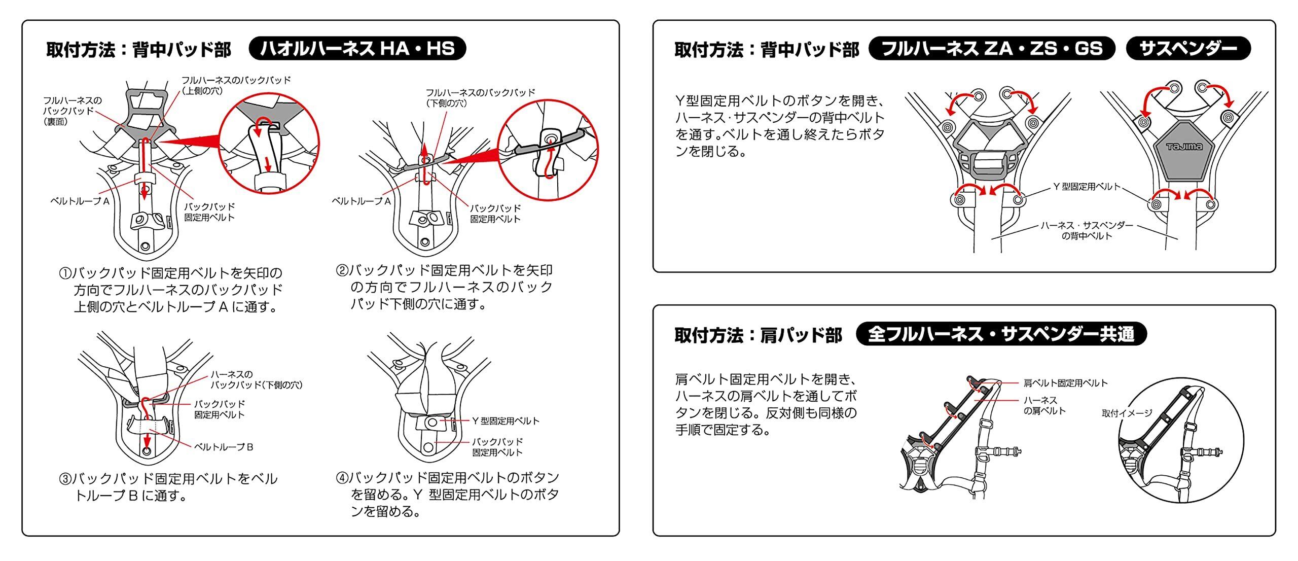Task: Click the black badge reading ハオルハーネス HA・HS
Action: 357,49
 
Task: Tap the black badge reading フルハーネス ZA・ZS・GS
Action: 992,49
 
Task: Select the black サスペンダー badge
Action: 1188,49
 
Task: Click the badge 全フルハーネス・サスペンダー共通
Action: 1001,334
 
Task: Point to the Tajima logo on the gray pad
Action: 1184,147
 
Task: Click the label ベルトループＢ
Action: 224,447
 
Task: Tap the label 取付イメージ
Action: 1127,413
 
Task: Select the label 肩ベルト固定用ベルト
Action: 1065,383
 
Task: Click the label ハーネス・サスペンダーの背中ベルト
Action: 1087,231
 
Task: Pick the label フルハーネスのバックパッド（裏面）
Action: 72,111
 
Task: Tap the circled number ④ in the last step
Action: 343,478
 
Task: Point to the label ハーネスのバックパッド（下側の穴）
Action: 257,380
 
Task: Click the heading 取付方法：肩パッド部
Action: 758,335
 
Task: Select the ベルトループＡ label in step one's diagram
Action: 80,201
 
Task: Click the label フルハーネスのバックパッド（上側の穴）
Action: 236,86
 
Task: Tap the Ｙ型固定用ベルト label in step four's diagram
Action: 506,421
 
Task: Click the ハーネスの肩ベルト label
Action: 1044,406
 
